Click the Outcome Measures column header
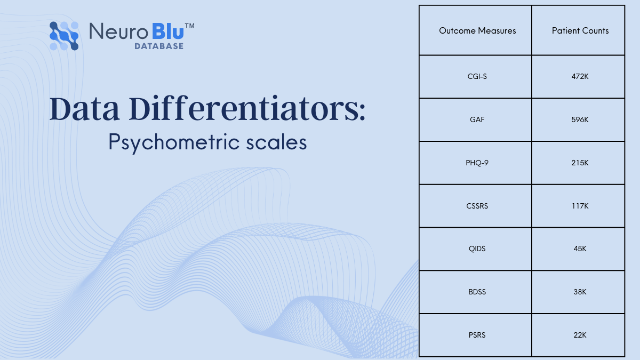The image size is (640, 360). tap(477, 31)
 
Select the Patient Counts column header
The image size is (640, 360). tap(580, 31)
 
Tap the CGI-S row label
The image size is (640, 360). tap(477, 76)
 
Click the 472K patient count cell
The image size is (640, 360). tap(580, 76)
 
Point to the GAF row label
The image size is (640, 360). tap(477, 119)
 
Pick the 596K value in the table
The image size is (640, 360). tap(580, 119)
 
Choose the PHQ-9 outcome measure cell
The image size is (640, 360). tap(477, 163)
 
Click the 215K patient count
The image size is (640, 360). tap(580, 163)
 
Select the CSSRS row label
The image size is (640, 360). tap(477, 206)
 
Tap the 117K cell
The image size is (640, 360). tap(580, 206)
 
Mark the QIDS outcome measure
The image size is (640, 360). tap(477, 249)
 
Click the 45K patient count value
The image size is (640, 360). tap(580, 249)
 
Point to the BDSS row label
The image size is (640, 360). tap(477, 292)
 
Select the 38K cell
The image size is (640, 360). tap(580, 292)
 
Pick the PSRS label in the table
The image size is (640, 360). tap(477, 335)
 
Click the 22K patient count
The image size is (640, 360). tap(580, 335)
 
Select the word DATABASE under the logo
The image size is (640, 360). tap(158, 46)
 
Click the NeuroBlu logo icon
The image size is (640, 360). tap(64, 36)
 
